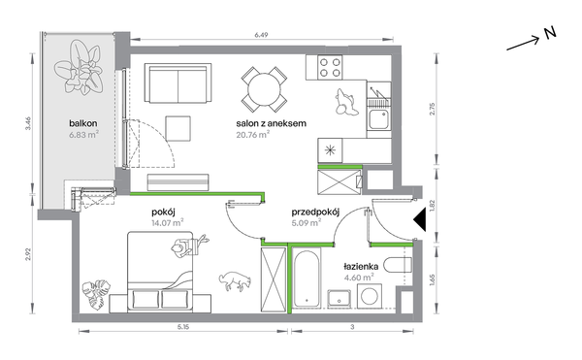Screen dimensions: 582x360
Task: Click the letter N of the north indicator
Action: coord(550,33)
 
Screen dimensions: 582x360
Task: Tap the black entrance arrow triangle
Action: coord(420,219)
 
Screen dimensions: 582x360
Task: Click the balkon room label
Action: coord(83,123)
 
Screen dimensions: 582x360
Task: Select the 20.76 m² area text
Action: coord(253,134)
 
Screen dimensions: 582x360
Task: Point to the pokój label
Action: coord(163,213)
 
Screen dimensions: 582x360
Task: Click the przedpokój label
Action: coord(315,213)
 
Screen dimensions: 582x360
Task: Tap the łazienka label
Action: coord(361,267)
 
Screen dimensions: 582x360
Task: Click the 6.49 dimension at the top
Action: coord(261,35)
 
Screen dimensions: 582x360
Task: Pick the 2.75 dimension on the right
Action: coord(432,109)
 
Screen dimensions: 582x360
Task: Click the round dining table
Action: coord(264,89)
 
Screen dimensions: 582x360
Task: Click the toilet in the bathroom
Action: coord(398,265)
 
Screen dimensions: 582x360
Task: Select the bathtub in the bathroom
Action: coord(307,278)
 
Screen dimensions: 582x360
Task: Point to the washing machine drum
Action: coord(371,296)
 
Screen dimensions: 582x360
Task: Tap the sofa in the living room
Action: coord(178,82)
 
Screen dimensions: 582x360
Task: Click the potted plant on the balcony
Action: coord(79,67)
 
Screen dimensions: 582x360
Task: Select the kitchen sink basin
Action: coord(378,119)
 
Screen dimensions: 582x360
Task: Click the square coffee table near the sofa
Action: coord(178,128)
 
